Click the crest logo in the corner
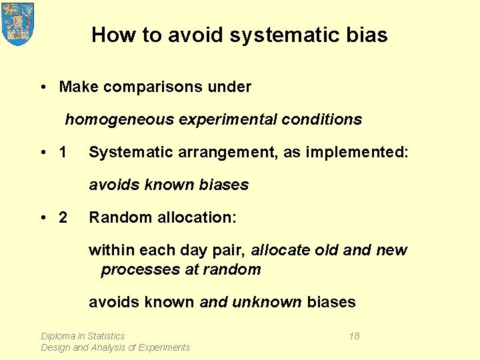18,23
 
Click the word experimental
217,120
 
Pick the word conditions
322,120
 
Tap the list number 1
63,153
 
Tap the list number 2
63,217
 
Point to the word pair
229,251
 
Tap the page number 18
354,336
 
